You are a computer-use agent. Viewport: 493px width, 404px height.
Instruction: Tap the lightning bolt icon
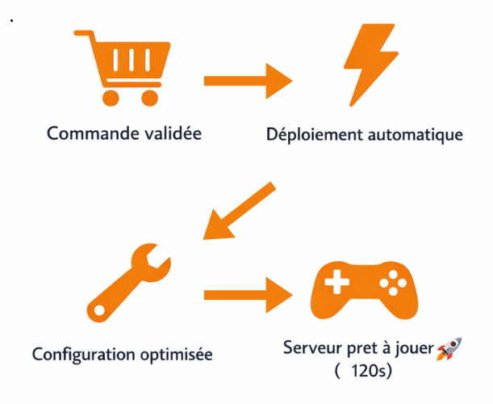coord(370,66)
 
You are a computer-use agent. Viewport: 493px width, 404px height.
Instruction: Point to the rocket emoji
coord(449,350)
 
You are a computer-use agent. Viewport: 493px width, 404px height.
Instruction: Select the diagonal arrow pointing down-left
coord(238,211)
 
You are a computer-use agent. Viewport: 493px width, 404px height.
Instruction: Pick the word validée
coord(172,133)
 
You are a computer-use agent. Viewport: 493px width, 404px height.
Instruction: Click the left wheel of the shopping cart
coord(111,98)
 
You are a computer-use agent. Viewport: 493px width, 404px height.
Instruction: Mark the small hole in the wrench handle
coord(98,310)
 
